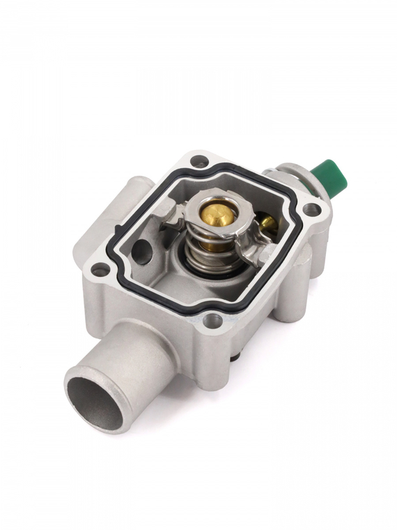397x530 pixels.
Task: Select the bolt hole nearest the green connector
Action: [x=311, y=209]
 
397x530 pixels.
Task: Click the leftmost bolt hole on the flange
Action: [x=100, y=269]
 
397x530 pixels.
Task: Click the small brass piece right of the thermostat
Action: [x=268, y=223]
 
